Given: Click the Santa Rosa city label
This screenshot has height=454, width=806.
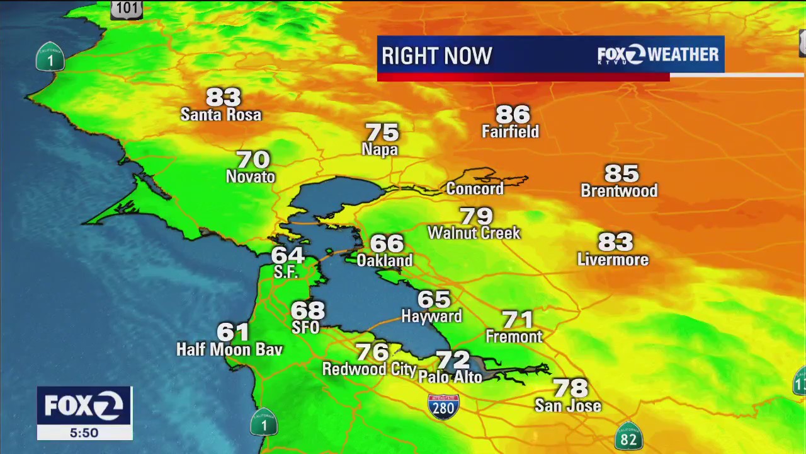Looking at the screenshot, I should [x=220, y=115].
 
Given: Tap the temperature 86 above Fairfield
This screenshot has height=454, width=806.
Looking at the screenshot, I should [x=513, y=114].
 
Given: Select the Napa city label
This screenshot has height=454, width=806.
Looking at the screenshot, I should [x=380, y=149].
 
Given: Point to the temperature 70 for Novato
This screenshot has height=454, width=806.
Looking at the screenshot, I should [x=253, y=160].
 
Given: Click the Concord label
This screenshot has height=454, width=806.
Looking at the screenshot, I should [x=475, y=189].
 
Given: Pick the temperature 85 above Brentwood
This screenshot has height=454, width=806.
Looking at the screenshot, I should [x=622, y=173].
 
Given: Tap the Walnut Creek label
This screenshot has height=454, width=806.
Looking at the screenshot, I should [x=474, y=233].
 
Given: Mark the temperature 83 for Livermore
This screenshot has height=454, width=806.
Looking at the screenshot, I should [x=615, y=242].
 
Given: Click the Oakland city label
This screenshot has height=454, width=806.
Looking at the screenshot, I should [x=385, y=260].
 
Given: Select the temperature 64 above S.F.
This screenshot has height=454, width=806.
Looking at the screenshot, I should [x=288, y=255].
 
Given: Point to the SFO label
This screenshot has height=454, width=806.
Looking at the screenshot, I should [x=305, y=327].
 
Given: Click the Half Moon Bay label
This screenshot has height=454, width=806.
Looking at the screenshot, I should [x=229, y=349].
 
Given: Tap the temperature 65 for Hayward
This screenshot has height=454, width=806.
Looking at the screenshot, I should [x=434, y=299].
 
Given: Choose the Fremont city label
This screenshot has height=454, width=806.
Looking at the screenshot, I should [x=514, y=337].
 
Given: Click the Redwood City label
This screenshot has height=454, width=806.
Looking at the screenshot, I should [x=369, y=369].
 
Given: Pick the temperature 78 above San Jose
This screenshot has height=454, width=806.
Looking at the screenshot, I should [x=570, y=388].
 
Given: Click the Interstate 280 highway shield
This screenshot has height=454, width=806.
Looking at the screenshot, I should [x=443, y=406].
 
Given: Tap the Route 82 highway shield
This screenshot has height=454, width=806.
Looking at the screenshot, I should [x=628, y=437].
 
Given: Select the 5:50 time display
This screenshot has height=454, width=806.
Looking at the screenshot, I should [x=84, y=433].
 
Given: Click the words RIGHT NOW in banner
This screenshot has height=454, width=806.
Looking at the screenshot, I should [x=436, y=56].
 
